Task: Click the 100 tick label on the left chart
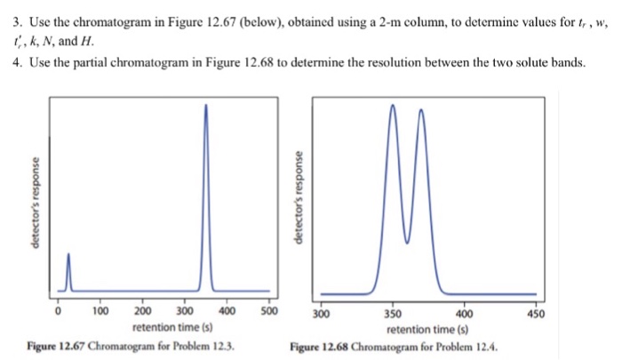[x=100, y=312]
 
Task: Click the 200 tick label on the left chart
[x=142, y=312]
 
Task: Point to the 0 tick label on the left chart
[x=59, y=312]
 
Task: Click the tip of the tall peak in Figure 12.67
[x=207, y=105]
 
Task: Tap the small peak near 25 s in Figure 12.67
[x=69, y=254]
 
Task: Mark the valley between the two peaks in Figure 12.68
[x=407, y=241]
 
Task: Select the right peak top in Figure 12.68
[x=421, y=110]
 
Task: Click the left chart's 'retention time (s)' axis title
[x=165, y=328]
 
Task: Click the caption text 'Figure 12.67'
[x=57, y=346]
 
